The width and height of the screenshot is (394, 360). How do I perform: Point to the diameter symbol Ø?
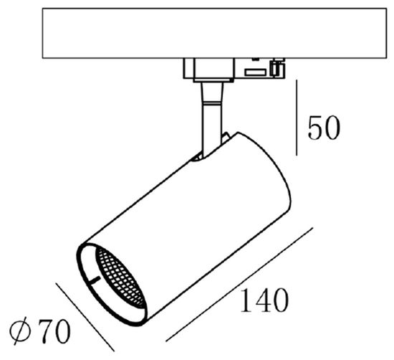(22, 331)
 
